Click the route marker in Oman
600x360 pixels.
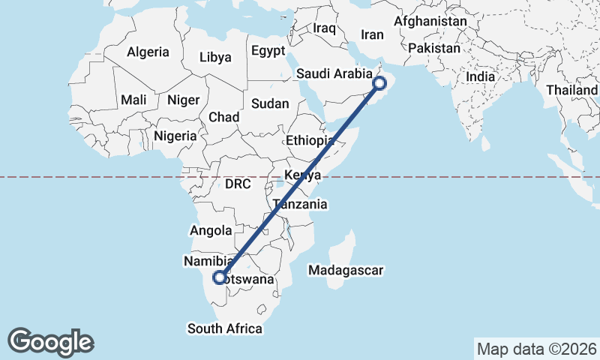pyautogui.click(x=379, y=84)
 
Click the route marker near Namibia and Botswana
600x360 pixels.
pyautogui.click(x=220, y=277)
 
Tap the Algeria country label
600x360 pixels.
pyautogui.click(x=148, y=52)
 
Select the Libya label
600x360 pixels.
pyautogui.click(x=216, y=57)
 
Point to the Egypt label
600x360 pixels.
pyautogui.click(x=268, y=52)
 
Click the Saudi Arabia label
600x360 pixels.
pyautogui.click(x=334, y=73)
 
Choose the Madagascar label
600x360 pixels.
pyautogui.click(x=346, y=270)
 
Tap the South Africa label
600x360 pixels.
pyautogui.click(x=225, y=328)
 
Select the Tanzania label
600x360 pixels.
pyautogui.click(x=300, y=204)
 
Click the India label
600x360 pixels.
pyautogui.click(x=480, y=76)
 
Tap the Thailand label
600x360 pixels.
pyautogui.click(x=572, y=90)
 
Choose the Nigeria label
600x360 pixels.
pyautogui.click(x=175, y=136)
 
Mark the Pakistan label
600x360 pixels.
pyautogui.click(x=434, y=48)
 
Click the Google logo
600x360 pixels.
pyautogui.click(x=51, y=342)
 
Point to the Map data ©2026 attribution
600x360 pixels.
pyautogui.click(x=537, y=349)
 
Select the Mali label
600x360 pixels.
pyautogui.click(x=134, y=100)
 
